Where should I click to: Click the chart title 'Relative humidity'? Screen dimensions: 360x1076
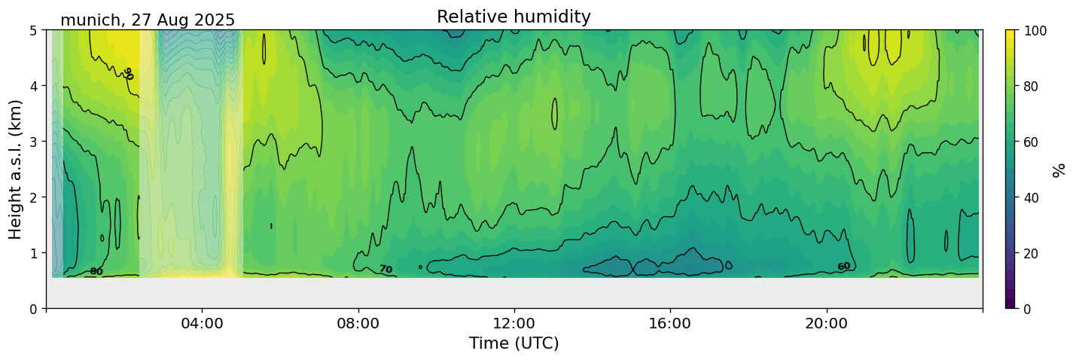click(x=514, y=17)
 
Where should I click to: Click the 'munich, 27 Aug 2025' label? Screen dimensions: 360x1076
click(x=148, y=20)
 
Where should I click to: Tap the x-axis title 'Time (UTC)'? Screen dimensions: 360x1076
click(x=514, y=343)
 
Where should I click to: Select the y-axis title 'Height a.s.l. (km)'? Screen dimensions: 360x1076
click(x=16, y=169)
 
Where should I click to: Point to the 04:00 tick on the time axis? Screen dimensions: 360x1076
click(x=203, y=324)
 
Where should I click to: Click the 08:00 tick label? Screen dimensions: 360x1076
click(x=358, y=324)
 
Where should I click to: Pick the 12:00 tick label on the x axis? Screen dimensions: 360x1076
click(x=514, y=324)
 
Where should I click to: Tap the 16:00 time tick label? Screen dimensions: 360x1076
click(x=670, y=324)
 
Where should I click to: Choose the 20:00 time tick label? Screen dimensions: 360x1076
click(x=827, y=324)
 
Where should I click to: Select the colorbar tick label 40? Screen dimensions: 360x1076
click(x=1033, y=197)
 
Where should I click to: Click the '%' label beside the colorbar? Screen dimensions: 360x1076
click(x=1059, y=169)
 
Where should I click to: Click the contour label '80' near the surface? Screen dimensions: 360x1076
click(x=96, y=272)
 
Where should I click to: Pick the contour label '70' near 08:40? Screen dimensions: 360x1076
click(x=386, y=270)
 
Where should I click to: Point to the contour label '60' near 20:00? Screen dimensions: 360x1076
click(x=844, y=267)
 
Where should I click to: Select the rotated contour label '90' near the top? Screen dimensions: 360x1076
click(x=127, y=74)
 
